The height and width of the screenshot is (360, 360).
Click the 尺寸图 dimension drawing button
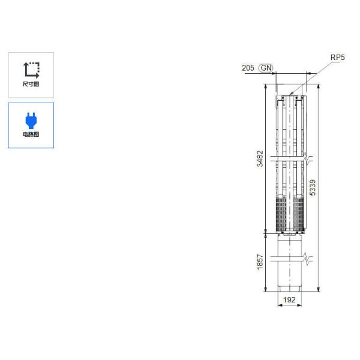coord(31,75)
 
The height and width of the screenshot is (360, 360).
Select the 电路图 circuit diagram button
coord(31,125)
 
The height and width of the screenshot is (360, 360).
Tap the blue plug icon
coord(31,121)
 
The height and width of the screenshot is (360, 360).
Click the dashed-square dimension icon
coord(31,70)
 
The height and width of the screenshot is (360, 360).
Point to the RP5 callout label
coord(337,58)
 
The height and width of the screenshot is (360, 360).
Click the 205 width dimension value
coord(248,68)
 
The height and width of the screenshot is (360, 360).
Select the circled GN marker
coord(266,68)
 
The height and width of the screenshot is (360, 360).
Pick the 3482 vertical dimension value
coord(260,158)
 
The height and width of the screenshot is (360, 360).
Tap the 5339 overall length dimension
coord(313,188)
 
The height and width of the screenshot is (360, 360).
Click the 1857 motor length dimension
coord(260,262)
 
